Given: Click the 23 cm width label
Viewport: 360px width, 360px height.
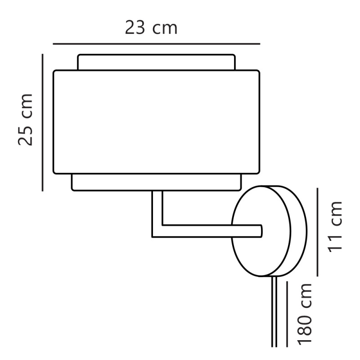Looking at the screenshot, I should click(x=151, y=28).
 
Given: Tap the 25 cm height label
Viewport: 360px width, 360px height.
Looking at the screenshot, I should click(x=26, y=120).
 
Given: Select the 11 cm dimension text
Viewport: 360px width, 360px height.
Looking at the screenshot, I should click(x=335, y=227).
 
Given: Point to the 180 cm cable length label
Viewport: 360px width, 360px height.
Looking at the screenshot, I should click(x=306, y=314).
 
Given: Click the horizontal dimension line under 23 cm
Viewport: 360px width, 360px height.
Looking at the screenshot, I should click(x=157, y=44).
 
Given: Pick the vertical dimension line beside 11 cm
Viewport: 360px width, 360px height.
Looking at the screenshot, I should click(x=318, y=232).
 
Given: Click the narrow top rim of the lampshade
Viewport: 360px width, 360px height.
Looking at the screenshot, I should click(x=156, y=62).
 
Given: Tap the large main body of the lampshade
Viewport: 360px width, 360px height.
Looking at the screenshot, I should click(x=156, y=121).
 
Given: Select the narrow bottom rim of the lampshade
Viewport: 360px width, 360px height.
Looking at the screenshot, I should click(x=156, y=182).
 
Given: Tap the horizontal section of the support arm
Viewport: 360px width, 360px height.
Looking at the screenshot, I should click(x=207, y=231).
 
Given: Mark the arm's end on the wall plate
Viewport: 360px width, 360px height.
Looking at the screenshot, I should click(x=259, y=231).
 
